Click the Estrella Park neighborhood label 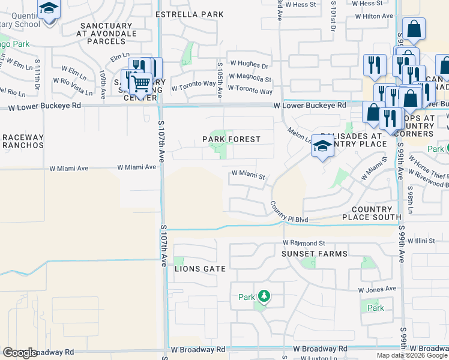pyautogui.click(x=189, y=14)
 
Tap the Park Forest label pyautogui.click(x=231, y=139)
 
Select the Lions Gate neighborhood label pyautogui.click(x=200, y=269)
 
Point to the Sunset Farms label pyautogui.click(x=315, y=254)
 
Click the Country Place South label pyautogui.click(x=372, y=213)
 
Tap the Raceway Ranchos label pyautogui.click(x=22, y=142)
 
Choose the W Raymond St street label pyautogui.click(x=304, y=243)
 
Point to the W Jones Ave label pyautogui.click(x=377, y=289)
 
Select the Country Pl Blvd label pyautogui.click(x=289, y=212)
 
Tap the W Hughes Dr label pyautogui.click(x=249, y=65)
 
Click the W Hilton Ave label pyautogui.click(x=372, y=16)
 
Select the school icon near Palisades pyautogui.click(x=322, y=146)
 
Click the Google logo pyautogui.click(x=20, y=353)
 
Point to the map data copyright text pyautogui.click(x=412, y=355)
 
